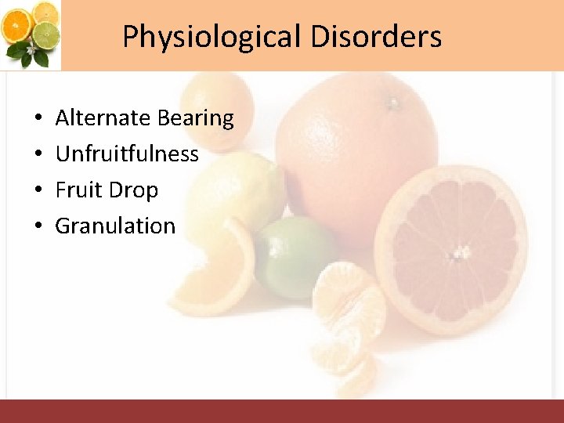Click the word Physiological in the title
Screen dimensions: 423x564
[x=211, y=37]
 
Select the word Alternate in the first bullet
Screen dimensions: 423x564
[x=103, y=118]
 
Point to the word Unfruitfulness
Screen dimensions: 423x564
[x=127, y=154]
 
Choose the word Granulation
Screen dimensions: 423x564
[x=115, y=226]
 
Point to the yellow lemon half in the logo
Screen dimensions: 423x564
[x=45, y=12]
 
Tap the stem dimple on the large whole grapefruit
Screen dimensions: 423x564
[x=392, y=102]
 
